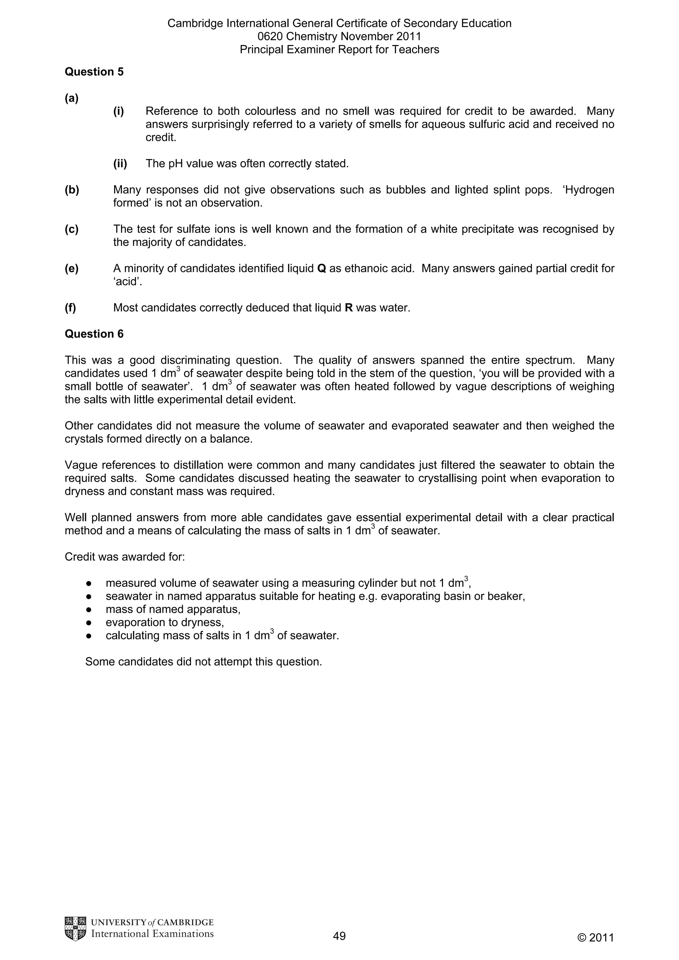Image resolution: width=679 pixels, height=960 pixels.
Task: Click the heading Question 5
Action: (x=94, y=72)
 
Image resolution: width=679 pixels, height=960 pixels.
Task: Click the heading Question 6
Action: (x=94, y=334)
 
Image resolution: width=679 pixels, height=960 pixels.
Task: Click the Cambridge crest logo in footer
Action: (x=75, y=929)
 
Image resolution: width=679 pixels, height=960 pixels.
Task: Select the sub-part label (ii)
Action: (x=120, y=164)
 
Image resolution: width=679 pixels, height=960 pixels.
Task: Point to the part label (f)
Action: (x=71, y=308)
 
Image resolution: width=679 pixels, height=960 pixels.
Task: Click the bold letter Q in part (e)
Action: (x=322, y=268)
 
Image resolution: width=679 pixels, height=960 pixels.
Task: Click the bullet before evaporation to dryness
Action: (x=89, y=622)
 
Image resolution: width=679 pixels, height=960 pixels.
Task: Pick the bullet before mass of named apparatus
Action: (x=89, y=610)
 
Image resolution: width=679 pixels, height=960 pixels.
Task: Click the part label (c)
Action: (x=72, y=229)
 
